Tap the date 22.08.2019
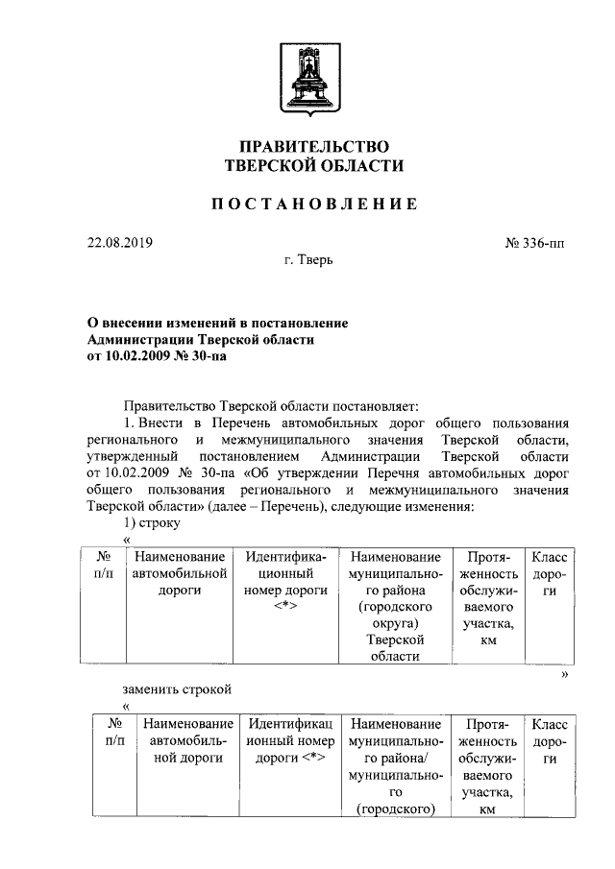(119, 243)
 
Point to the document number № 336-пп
(534, 243)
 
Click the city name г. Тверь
(308, 260)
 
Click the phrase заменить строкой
(177, 688)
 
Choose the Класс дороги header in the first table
(549, 573)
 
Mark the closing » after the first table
(565, 676)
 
